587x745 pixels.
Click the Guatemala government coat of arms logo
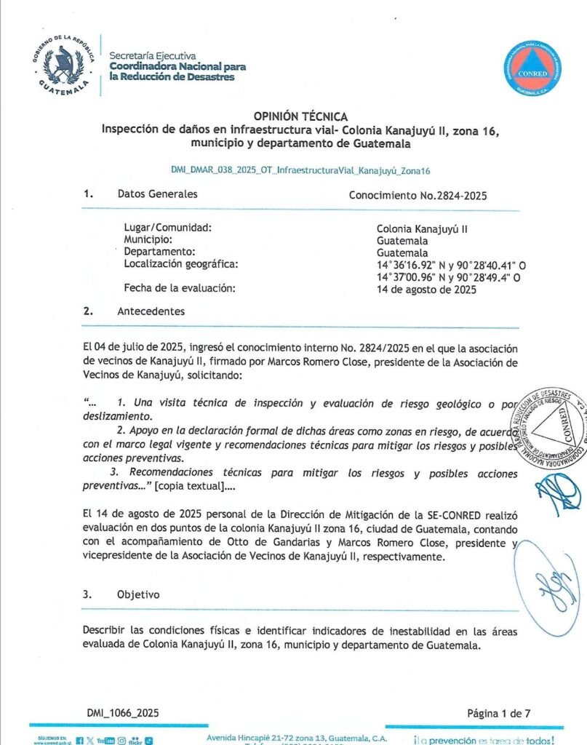click(63, 65)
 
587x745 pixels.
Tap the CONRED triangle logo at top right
click(532, 69)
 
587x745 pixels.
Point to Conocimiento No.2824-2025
click(418, 196)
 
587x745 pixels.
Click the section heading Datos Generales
click(157, 194)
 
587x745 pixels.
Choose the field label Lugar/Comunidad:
click(167, 228)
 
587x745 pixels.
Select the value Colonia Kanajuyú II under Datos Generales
click(421, 228)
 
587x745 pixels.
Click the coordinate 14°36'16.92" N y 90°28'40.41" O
click(451, 265)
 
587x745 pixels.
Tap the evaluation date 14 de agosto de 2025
click(426, 290)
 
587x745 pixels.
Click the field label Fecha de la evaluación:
click(180, 288)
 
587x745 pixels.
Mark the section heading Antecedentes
click(151, 311)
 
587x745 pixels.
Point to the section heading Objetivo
click(138, 594)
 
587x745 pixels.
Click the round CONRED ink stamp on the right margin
click(551, 427)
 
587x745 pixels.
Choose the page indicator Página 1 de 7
click(498, 713)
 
